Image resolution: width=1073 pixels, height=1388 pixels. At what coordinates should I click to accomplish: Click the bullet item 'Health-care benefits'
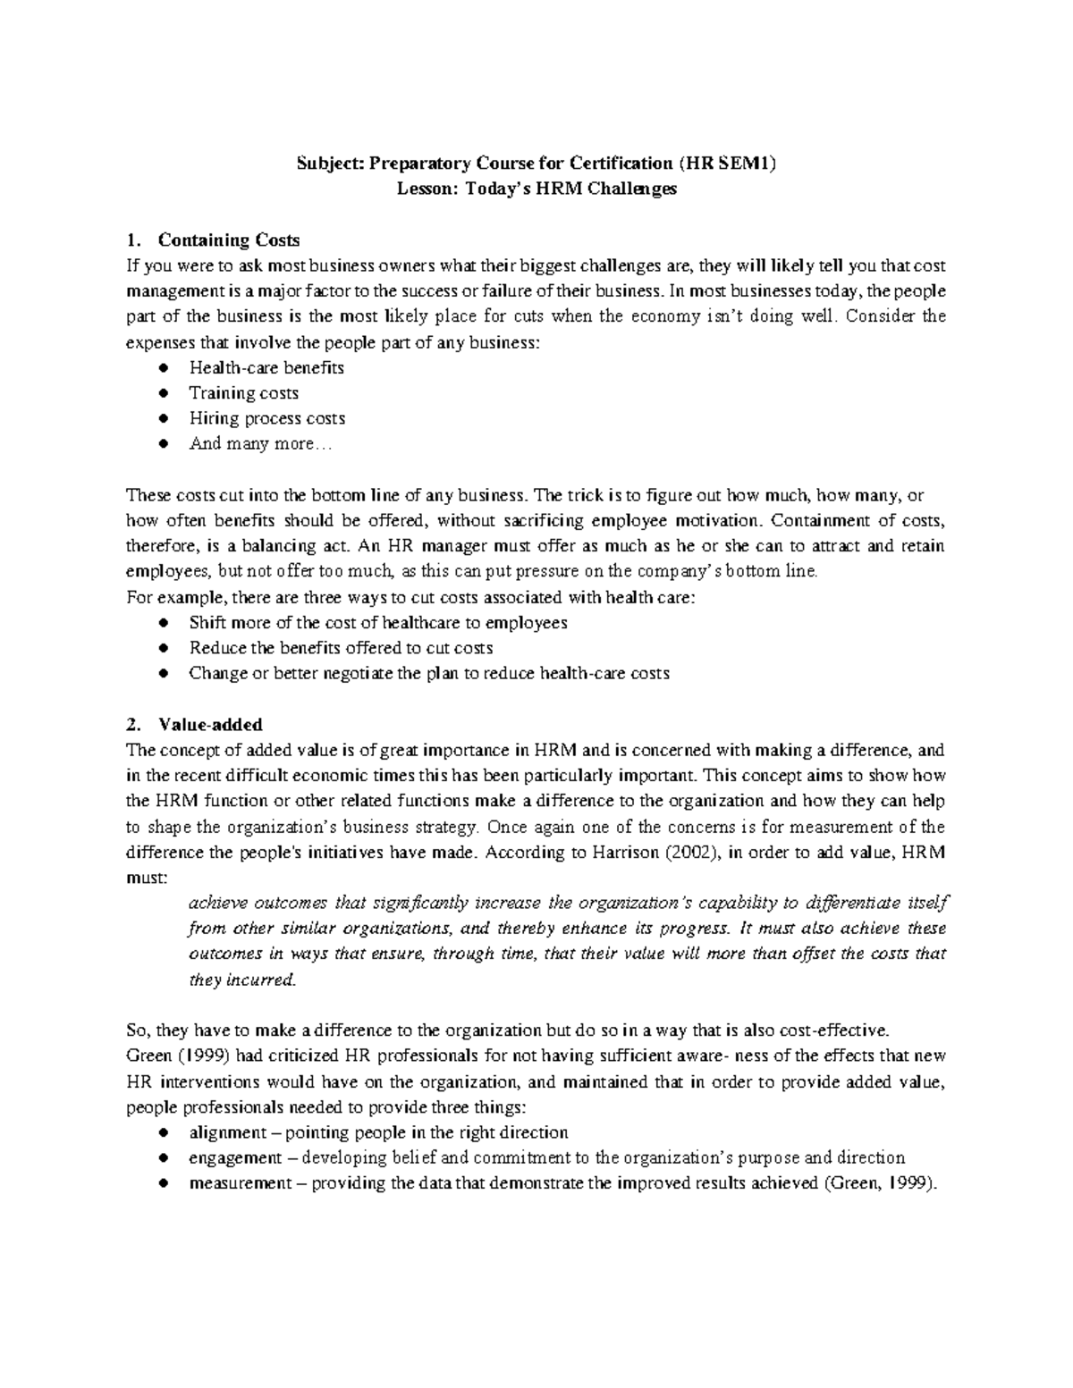(x=266, y=367)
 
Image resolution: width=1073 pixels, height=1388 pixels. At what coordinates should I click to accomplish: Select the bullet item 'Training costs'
(x=243, y=393)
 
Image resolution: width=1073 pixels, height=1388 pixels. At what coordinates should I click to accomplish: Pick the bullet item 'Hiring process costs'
(x=266, y=418)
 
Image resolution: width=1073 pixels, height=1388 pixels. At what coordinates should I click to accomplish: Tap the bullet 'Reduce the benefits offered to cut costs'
(x=341, y=648)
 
